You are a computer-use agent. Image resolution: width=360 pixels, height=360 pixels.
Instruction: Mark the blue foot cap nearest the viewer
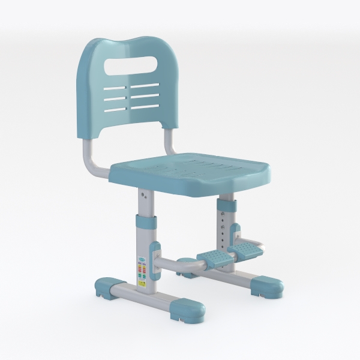(x=187, y=309)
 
